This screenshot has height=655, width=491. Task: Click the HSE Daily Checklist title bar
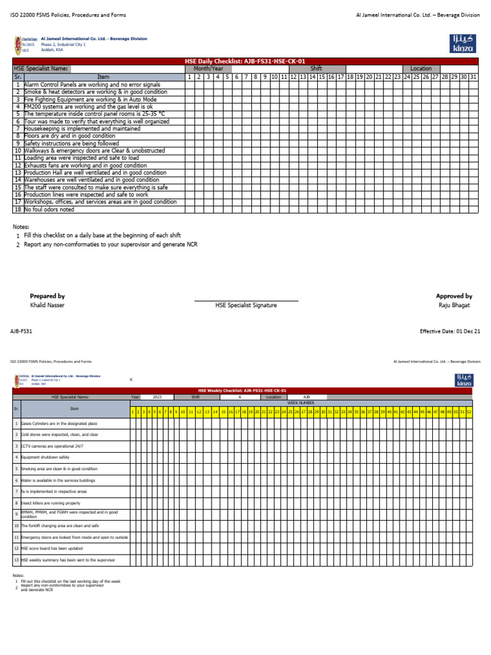(x=245, y=61)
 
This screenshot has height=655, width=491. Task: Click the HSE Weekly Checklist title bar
(x=242, y=390)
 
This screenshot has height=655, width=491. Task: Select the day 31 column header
(x=472, y=77)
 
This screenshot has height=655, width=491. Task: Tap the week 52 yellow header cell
(x=469, y=411)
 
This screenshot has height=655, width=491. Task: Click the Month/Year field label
(x=208, y=68)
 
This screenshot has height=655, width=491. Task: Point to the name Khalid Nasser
(x=47, y=306)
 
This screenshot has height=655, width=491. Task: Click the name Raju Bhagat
(x=454, y=306)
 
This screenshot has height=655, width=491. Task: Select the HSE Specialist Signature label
(x=246, y=306)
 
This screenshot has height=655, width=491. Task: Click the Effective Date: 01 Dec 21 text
(x=450, y=331)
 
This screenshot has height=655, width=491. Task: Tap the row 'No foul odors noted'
(x=49, y=209)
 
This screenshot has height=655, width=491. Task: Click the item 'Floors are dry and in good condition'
(x=70, y=136)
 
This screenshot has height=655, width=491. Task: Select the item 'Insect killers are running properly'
(x=52, y=503)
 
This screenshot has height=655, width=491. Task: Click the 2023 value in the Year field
(x=157, y=397)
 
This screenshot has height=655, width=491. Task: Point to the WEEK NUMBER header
(x=300, y=403)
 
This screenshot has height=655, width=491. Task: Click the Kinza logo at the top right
(x=463, y=43)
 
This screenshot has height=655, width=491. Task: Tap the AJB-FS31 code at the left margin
(x=21, y=331)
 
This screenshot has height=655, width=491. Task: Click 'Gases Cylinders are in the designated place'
(x=59, y=423)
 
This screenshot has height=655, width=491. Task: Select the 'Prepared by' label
(x=47, y=296)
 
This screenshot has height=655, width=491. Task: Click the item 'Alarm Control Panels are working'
(x=92, y=84)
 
